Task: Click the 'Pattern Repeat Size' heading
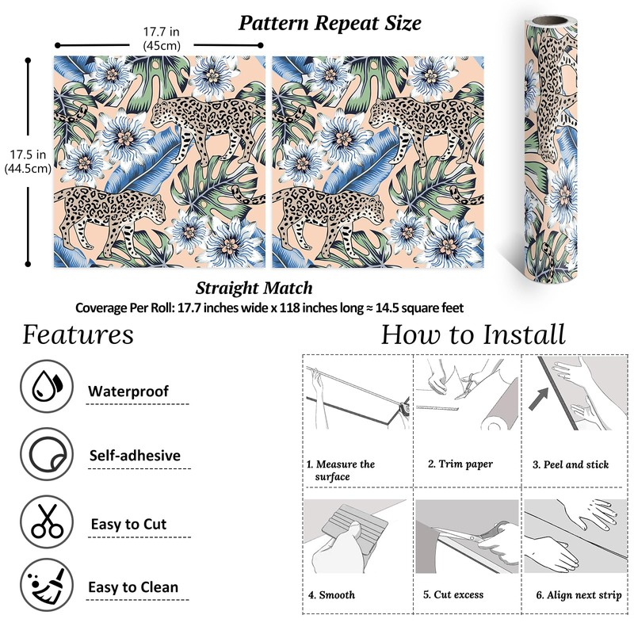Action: [330, 22]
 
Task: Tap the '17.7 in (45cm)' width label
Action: [162, 39]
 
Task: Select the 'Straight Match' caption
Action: [254, 288]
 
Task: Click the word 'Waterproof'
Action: [128, 391]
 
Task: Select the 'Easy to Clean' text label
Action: [133, 587]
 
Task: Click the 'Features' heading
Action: [78, 334]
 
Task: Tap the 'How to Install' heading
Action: [473, 334]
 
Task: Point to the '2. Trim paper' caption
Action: [460, 464]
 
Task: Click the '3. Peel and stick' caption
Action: [571, 464]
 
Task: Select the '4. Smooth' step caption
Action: [331, 594]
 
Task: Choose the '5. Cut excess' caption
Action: [453, 594]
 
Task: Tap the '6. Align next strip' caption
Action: [579, 594]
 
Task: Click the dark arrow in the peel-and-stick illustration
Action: [542, 396]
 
